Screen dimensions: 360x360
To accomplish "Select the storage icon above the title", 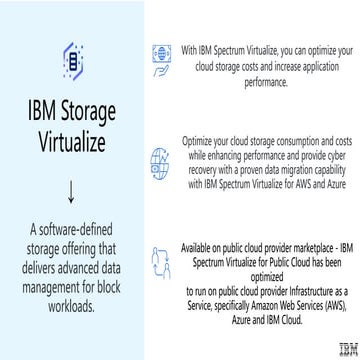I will [70, 59].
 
